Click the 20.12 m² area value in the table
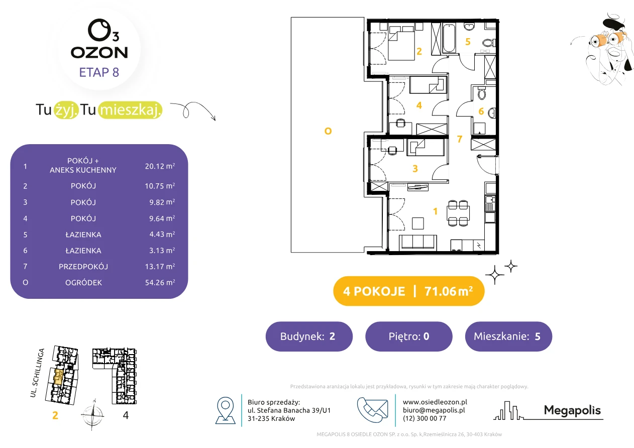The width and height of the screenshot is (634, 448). click(x=160, y=166)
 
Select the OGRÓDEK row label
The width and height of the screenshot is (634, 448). click(x=83, y=282)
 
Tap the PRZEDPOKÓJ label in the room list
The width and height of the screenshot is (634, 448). click(x=83, y=267)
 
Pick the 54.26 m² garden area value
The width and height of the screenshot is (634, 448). click(x=160, y=282)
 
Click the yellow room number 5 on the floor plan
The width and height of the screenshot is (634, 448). click(x=468, y=42)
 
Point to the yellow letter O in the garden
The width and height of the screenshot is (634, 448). click(x=328, y=131)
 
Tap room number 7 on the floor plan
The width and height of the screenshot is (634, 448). click(x=460, y=139)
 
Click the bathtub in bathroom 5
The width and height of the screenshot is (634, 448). click(x=449, y=39)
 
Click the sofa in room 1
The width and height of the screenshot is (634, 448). click(x=418, y=243)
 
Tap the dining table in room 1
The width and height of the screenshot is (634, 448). click(x=458, y=213)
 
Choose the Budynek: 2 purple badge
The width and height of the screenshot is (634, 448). click(x=309, y=336)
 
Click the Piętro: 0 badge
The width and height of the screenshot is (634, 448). click(x=409, y=336)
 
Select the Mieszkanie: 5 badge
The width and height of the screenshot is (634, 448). click(x=508, y=336)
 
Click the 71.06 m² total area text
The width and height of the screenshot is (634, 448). click(x=449, y=291)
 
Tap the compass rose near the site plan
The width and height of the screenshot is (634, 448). click(x=93, y=415)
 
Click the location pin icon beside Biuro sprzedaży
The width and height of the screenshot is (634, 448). click(x=225, y=410)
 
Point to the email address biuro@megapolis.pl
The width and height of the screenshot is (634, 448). click(x=434, y=410)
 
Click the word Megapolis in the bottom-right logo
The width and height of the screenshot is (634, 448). click(x=572, y=410)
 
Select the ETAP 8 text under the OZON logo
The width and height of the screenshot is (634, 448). click(x=99, y=72)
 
